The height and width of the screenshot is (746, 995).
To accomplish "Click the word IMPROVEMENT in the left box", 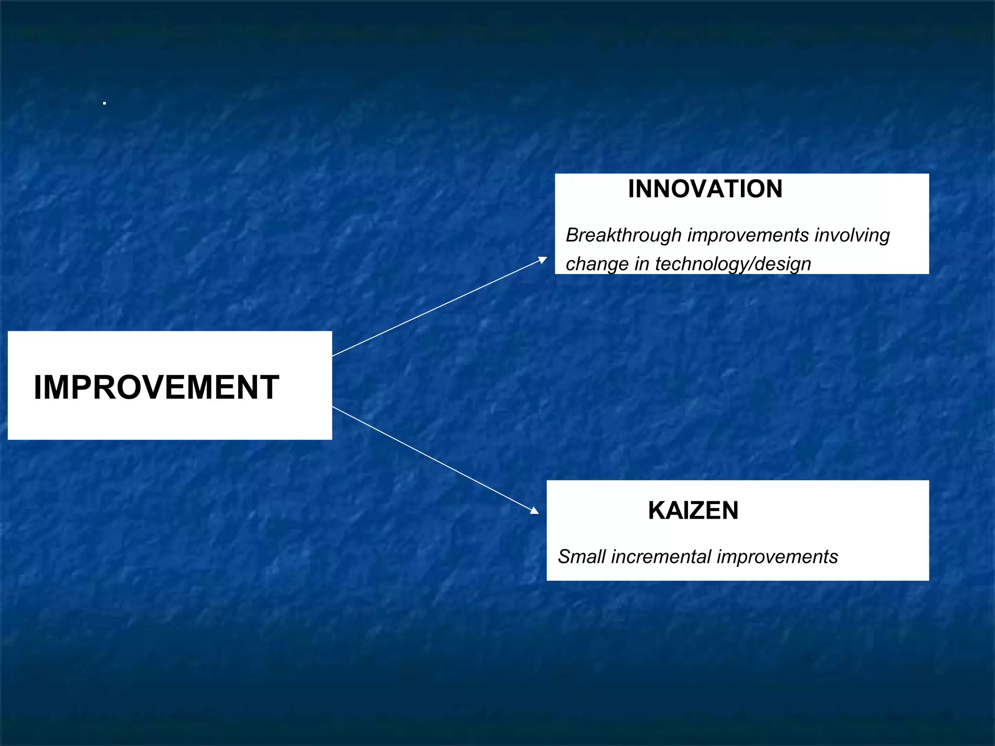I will pos(156,387).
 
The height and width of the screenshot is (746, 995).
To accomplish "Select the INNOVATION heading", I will pos(705,189).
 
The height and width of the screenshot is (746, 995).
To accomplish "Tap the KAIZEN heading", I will pos(693,510).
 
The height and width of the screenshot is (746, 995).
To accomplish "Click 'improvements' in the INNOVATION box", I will pos(748,236).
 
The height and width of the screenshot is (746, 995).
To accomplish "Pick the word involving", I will pos(852,236).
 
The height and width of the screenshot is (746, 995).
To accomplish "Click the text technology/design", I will pos(733,264).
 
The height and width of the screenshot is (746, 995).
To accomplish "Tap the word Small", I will pos(582,557).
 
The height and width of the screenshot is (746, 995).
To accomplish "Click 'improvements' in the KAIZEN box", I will pos(777,557).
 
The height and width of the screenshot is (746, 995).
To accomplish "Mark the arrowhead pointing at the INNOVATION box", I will pos(543,260).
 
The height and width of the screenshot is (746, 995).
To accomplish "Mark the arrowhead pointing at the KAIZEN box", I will pos(534,510).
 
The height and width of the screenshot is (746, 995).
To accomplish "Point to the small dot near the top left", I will pos(104,103).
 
